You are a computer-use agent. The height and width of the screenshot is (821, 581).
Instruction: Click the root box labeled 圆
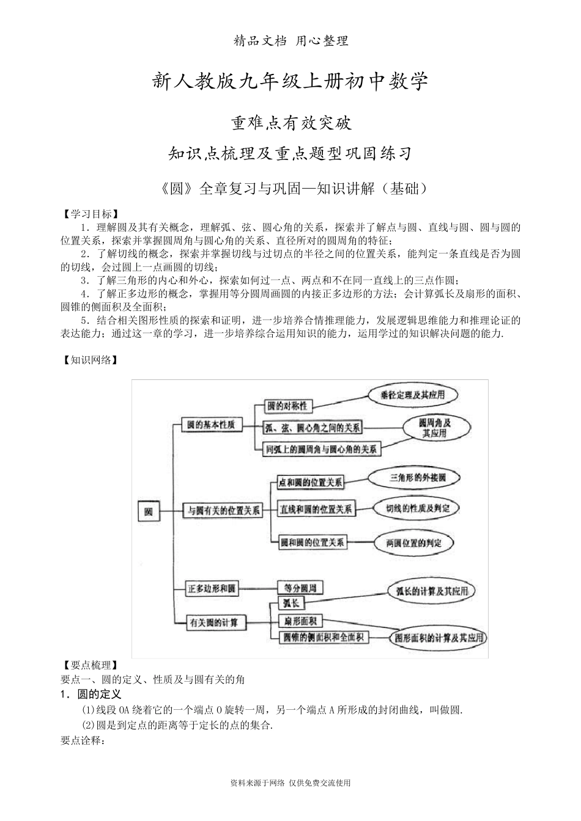tap(148, 511)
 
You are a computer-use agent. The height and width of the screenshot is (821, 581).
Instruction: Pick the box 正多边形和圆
tap(212, 589)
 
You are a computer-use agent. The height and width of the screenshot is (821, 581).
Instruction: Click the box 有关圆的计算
tap(217, 623)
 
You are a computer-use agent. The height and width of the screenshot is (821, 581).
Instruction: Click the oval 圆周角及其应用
tap(435, 428)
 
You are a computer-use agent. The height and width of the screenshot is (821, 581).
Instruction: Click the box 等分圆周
tap(300, 588)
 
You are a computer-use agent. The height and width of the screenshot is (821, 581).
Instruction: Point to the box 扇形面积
tap(300, 621)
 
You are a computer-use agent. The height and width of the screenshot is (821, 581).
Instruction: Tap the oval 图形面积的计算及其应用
tap(439, 638)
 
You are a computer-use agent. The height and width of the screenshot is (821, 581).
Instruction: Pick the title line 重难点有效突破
tap(290, 123)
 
